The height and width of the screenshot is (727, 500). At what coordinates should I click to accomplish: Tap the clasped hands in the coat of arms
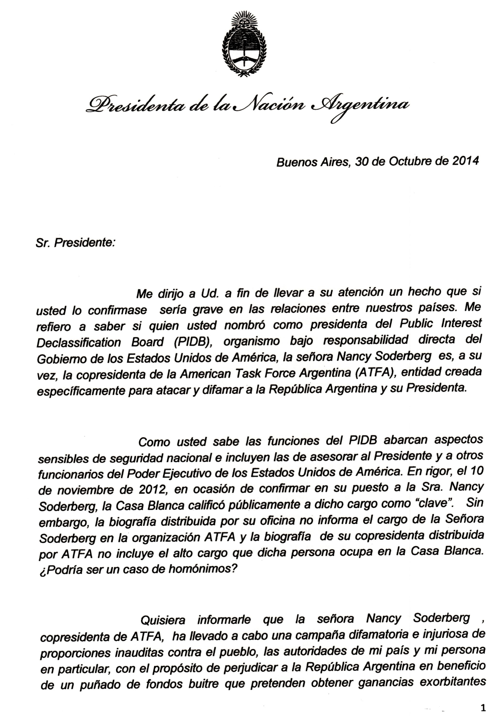coord(244,58)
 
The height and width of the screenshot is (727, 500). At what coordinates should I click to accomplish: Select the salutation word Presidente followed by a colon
coord(85,243)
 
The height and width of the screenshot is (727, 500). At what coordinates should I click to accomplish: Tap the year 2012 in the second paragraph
coord(151,489)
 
